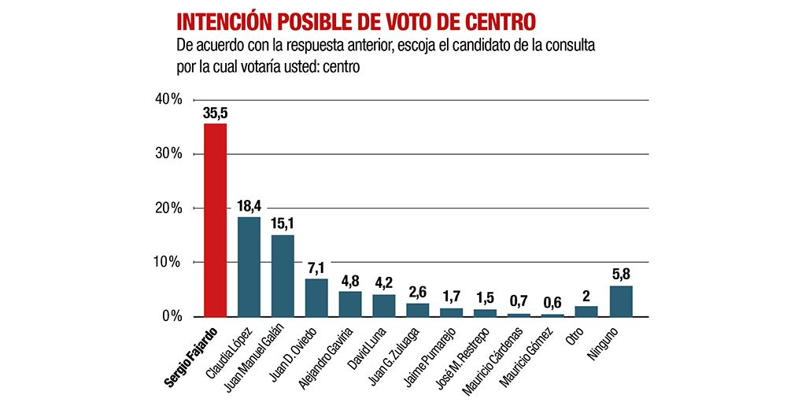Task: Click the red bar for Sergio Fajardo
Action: click(215, 220)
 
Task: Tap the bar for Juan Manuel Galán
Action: click(283, 275)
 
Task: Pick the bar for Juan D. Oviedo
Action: click(316, 297)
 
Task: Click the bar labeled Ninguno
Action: click(620, 301)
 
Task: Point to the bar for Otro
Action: click(586, 311)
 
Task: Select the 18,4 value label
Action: click(249, 207)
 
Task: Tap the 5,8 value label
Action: click(620, 275)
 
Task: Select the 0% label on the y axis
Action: click(172, 316)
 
